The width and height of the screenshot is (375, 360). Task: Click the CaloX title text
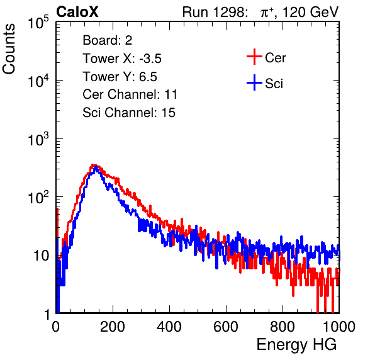point(77,12)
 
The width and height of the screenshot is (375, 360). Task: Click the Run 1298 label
point(213,12)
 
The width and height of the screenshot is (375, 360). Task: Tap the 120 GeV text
point(311,12)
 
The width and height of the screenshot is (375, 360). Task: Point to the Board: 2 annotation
point(108,40)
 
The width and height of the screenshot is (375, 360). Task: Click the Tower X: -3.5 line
point(122,59)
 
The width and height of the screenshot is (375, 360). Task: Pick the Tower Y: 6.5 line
point(120,77)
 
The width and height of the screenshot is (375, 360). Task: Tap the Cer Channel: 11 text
point(130,94)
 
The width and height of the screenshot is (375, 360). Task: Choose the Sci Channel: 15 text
point(129,113)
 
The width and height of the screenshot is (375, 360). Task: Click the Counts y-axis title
point(9,49)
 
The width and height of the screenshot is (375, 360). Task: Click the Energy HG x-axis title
point(296,344)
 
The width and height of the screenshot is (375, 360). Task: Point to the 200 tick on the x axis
point(113,327)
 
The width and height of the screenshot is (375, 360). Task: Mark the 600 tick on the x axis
point(226,327)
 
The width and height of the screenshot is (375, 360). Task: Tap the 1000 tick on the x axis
point(339,327)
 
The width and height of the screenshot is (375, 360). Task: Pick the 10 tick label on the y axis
point(41,256)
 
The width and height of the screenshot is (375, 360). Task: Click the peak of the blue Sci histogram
point(96,167)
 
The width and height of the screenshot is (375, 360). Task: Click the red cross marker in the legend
point(254,57)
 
